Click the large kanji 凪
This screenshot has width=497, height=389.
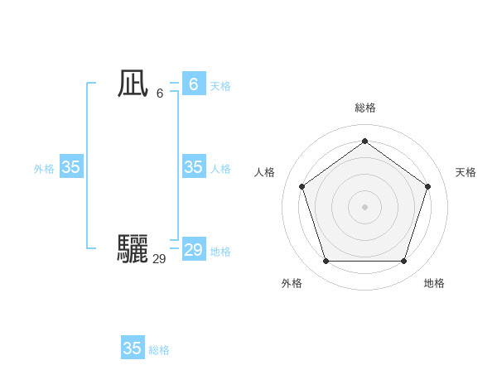(x=133, y=84)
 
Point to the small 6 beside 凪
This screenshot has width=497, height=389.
(x=160, y=93)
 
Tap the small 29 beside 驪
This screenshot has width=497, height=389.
(x=159, y=259)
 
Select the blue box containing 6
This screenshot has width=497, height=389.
(x=193, y=84)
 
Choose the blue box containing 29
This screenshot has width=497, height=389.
(x=193, y=250)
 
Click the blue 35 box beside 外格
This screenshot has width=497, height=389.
(x=70, y=167)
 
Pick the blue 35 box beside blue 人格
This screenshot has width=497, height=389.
(x=193, y=167)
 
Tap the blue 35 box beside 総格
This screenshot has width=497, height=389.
(x=132, y=348)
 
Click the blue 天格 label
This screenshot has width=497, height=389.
(x=220, y=86)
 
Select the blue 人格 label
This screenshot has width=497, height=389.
(x=220, y=169)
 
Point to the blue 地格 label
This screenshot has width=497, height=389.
(x=220, y=252)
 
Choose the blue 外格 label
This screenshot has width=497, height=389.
(x=44, y=169)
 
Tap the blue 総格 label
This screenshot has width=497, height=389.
(x=159, y=350)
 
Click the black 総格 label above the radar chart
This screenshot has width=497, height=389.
(x=364, y=108)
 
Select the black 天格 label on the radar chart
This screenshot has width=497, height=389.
(x=466, y=172)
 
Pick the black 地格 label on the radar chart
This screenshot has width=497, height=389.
(x=434, y=283)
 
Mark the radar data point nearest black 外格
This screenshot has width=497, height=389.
(x=326, y=262)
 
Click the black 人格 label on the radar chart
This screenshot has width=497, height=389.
(x=264, y=172)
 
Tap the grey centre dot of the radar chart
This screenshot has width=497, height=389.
(x=364, y=206)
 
